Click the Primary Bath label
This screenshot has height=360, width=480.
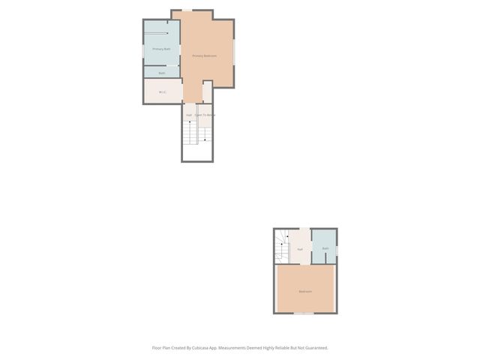pos(161,49)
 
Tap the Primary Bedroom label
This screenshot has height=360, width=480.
pos(205,55)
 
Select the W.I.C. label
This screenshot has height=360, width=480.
pos(162,92)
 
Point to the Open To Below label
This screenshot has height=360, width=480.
pos(205,115)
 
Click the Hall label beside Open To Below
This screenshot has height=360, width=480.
pos(189,115)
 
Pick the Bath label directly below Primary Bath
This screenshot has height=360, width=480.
pos(161,73)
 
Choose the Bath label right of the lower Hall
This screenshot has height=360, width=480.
pos(325,248)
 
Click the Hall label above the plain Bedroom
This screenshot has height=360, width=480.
pos(300,249)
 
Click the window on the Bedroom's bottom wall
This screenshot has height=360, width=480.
pos(303,313)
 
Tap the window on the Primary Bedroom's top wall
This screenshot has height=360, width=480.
pos(187,10)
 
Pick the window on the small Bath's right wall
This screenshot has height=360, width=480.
pos(337,250)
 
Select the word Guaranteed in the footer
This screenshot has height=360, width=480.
pos(314,347)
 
